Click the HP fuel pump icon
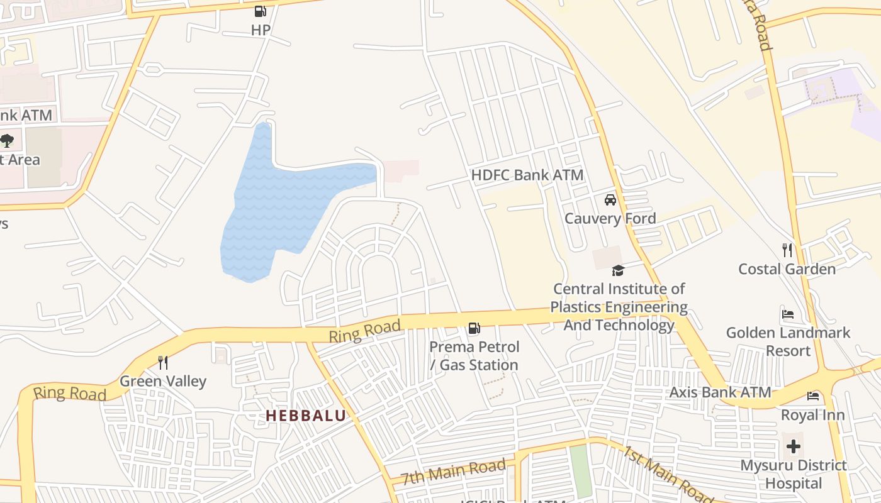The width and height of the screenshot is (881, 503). pos(260,11)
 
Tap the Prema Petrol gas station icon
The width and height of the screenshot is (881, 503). pos(474,328)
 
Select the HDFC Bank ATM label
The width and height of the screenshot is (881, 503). pos(527,175)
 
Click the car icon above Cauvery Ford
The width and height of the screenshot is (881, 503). pos(610,200)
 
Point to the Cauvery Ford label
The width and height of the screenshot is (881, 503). pos(610,219)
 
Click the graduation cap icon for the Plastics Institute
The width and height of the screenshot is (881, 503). pos(618,270)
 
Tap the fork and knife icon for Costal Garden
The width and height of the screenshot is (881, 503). pos(787,250)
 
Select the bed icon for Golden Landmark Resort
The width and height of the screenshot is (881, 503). pos(787,314)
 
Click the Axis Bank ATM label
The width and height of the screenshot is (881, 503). pos(719,392)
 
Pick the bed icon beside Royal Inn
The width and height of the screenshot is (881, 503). pos(813,396)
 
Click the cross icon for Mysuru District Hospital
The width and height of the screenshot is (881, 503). pos(794,447)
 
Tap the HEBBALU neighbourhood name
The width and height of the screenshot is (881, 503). pos(306,416)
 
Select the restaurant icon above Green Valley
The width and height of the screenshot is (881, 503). pos(163,363)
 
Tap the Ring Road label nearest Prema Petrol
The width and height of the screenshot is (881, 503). pos(364,331)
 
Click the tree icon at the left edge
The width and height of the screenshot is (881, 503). pos(7,140)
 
